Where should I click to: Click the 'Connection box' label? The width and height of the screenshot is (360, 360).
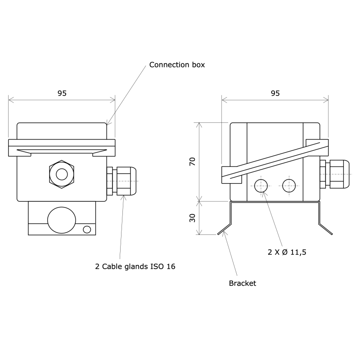177,65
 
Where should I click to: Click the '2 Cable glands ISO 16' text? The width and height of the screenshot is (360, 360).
135,266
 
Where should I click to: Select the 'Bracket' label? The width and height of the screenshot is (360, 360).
242,283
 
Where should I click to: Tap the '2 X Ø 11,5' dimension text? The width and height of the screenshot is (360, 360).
287,252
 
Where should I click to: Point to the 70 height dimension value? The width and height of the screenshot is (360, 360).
193,162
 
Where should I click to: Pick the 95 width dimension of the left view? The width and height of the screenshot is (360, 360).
62,93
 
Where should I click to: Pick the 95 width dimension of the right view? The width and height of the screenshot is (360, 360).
275,93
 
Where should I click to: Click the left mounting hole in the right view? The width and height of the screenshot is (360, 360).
261,184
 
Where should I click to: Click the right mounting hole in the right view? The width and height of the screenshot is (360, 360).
289,184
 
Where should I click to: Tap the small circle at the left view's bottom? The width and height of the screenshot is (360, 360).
87,230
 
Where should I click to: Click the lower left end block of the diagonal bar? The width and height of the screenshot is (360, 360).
231,175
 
